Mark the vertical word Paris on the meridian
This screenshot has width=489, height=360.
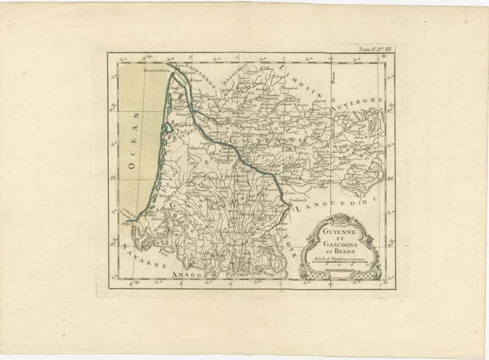350,79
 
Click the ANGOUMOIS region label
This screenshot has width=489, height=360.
236,71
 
